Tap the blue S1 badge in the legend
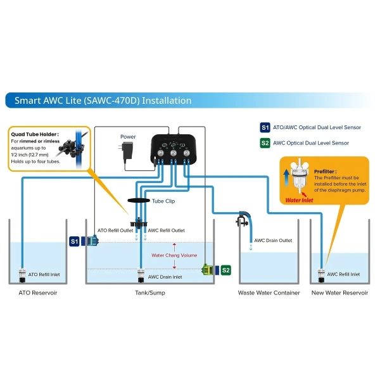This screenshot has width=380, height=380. click(x=265, y=127)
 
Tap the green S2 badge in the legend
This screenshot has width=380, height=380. click(x=265, y=143)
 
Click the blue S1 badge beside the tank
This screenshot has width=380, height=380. click(x=75, y=241)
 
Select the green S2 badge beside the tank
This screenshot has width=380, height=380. click(x=226, y=270)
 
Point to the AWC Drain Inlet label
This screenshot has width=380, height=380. click(x=165, y=277)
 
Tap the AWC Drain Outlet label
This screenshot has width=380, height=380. click(x=273, y=241)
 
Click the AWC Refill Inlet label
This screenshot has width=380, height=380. click(x=343, y=275)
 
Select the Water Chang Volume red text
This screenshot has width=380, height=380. click(x=174, y=256)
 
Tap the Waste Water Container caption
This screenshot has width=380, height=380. click(x=269, y=293)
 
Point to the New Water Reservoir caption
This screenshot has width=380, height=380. click(x=339, y=293)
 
